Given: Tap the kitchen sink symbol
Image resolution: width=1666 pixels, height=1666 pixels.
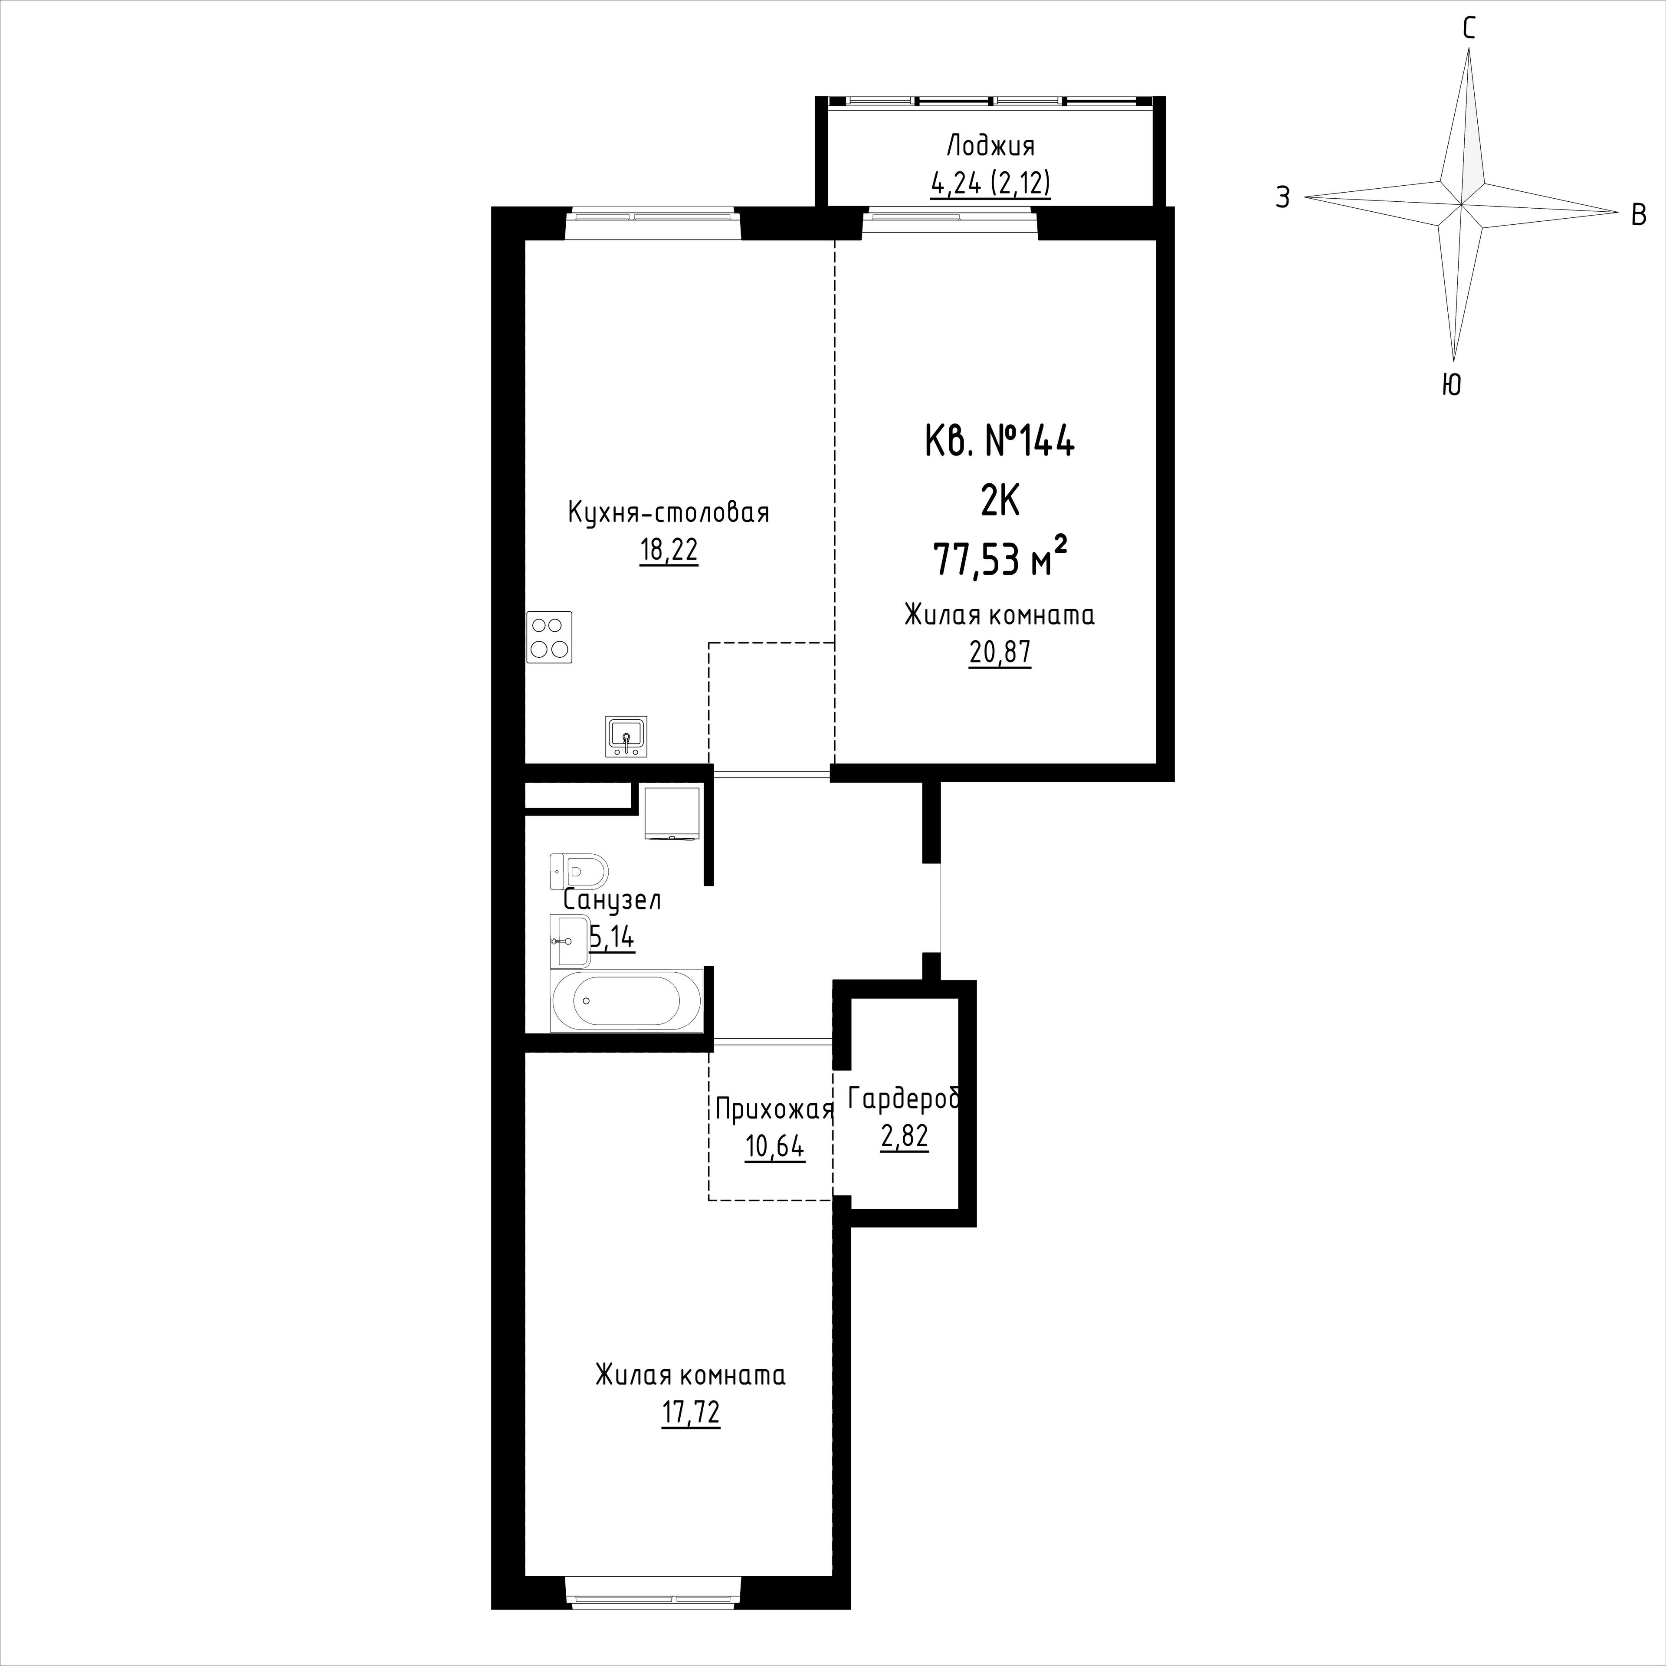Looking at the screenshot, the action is click(626, 736).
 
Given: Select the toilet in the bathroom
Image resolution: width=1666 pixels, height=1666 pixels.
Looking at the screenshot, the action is click(579, 871).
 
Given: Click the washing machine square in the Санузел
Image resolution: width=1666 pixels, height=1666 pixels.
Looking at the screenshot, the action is click(672, 812).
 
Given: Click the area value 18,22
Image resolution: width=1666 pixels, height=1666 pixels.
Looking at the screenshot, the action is click(668, 550).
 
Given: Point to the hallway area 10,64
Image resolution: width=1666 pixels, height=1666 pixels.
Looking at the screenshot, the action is click(774, 1147).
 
